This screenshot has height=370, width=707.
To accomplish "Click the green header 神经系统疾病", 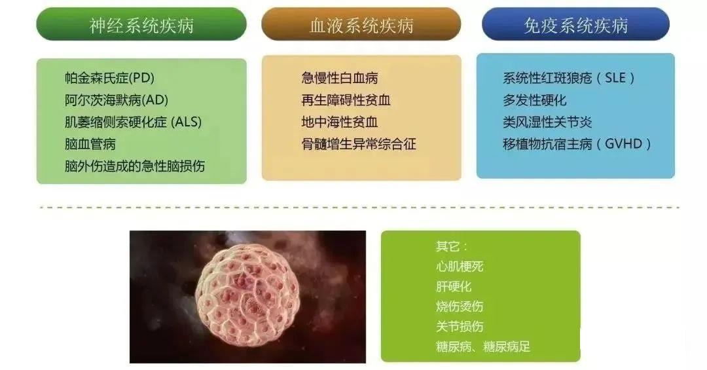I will (141, 25).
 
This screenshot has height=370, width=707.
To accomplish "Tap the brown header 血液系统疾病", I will (361, 25).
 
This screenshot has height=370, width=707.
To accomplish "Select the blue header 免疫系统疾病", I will (575, 25).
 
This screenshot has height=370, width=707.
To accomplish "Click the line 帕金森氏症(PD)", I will (109, 78).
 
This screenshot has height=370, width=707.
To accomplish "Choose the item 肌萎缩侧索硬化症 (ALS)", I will (133, 122).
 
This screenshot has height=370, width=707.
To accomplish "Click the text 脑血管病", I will (90, 144).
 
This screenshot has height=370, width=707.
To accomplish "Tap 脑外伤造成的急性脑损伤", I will (134, 166).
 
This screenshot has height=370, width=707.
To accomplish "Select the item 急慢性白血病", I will (339, 78).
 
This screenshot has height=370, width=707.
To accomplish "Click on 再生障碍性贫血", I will (346, 100).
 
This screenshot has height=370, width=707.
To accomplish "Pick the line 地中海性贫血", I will (339, 122).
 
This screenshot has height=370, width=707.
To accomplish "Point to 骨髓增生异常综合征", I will (359, 144).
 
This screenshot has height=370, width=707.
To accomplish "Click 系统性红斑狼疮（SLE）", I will (569, 78).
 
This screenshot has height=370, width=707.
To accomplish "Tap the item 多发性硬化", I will (534, 100).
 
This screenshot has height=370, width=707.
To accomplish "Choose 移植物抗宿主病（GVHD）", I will (577, 144).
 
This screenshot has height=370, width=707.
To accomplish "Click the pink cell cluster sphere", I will (247, 295).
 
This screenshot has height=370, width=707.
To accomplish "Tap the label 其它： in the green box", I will (452, 247).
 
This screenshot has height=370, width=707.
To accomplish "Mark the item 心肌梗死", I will (460, 267).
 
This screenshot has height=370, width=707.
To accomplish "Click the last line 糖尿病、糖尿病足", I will (483, 346).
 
